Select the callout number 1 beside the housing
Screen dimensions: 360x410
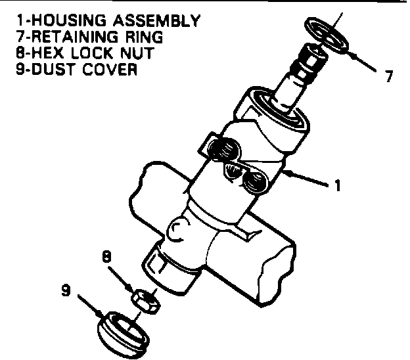(337, 186)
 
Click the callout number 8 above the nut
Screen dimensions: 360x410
(106, 255)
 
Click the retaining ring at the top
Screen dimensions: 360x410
(330, 33)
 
